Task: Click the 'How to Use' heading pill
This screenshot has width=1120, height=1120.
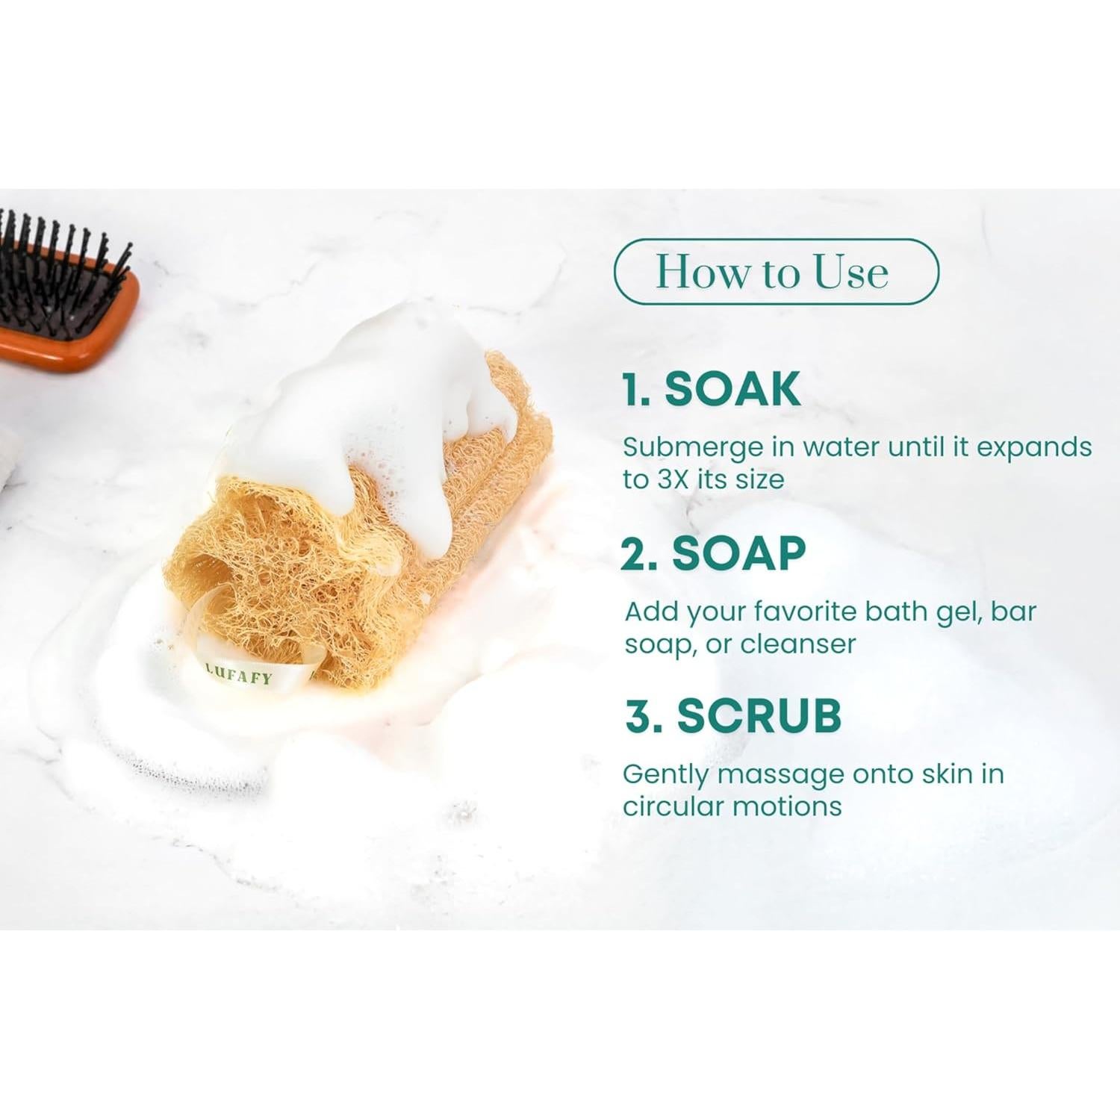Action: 775,272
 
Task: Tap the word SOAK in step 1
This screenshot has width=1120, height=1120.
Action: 732,389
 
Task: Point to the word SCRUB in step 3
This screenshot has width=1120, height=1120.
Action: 759,715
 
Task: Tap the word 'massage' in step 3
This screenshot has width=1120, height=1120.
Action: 780,774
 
